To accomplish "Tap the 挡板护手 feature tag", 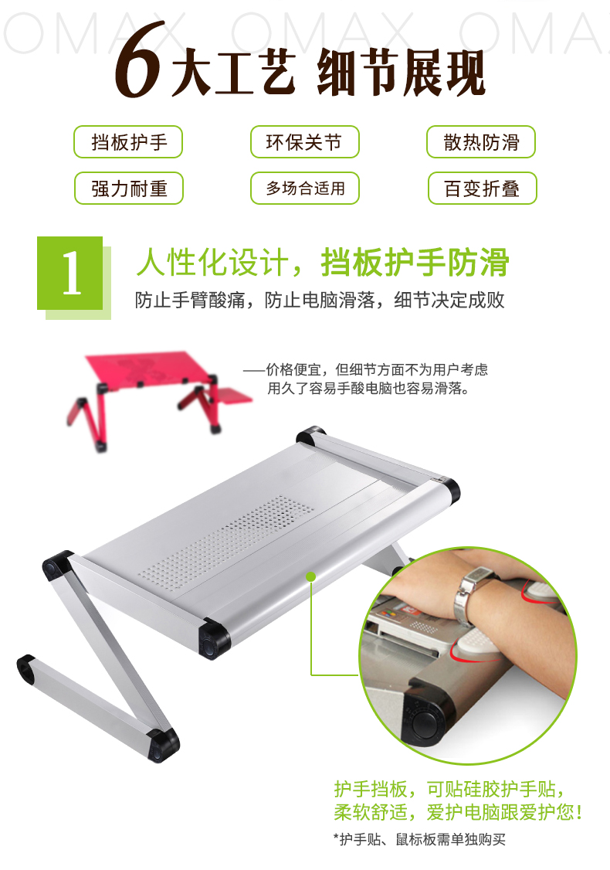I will tap(128, 142).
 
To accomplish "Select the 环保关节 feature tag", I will tap(304, 142).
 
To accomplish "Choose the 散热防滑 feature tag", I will tap(481, 142).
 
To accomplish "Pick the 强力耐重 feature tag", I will tap(128, 189).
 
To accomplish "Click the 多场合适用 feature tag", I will tap(304, 189).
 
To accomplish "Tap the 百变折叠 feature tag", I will tap(481, 189).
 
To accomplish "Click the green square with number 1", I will tap(70, 274).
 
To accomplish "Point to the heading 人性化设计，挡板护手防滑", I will tap(322, 263).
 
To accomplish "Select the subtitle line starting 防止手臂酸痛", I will tap(320, 300).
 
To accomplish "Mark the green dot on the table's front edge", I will tap(310, 576).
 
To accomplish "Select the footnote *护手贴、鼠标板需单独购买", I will tap(419, 839).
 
